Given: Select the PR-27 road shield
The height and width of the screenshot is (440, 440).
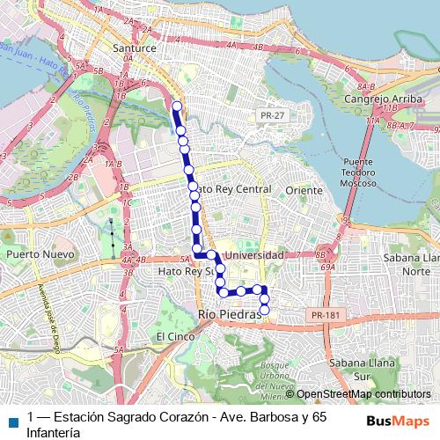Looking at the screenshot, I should pyautogui.click(x=272, y=115).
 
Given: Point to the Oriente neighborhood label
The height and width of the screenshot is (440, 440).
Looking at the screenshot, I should pyautogui.click(x=304, y=190).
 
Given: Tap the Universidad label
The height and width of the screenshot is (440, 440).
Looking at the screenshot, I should pyautogui.click(x=254, y=255).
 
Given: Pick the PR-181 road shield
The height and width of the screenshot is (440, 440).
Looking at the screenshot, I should pyautogui.click(x=323, y=313).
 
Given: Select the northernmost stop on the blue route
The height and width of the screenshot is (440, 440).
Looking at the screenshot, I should pyautogui.click(x=177, y=106).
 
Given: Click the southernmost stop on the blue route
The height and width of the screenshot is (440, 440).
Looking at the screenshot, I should pyautogui.click(x=264, y=310).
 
